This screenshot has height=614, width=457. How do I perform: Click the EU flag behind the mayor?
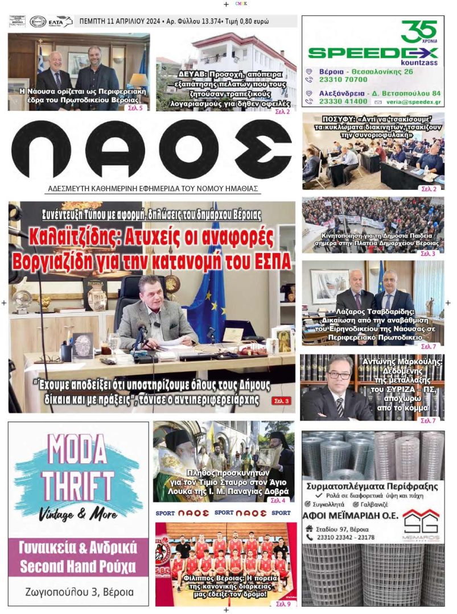pyautogui.click(x=208, y=296)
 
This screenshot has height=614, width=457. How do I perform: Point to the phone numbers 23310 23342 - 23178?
pyautogui.click(x=346, y=537)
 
